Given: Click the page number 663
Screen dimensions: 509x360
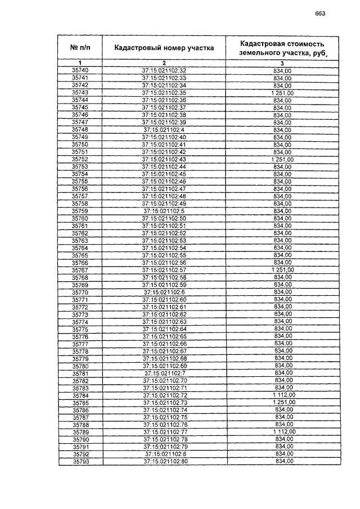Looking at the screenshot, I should [x=320, y=14].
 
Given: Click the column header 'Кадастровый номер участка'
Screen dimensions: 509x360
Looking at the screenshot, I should [x=164, y=48].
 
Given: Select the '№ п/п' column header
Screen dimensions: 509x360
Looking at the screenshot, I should [x=80, y=48].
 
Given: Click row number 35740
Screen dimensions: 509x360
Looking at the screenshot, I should [x=80, y=70].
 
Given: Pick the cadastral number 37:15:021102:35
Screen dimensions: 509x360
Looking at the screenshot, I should [x=164, y=92].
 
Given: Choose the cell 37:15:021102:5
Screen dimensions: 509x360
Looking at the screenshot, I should [x=164, y=211].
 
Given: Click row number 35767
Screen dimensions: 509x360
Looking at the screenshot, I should [x=80, y=270].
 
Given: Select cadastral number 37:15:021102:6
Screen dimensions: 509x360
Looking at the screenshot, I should [x=164, y=292].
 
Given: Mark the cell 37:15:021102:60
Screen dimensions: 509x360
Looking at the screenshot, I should [x=164, y=300].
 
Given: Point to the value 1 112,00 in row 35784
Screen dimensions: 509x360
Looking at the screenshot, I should [x=283, y=396].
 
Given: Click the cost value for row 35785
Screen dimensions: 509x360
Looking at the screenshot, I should [x=283, y=403].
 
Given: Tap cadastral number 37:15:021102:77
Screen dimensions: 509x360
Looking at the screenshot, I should [x=165, y=431].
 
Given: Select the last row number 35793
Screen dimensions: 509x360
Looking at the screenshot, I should [x=81, y=461].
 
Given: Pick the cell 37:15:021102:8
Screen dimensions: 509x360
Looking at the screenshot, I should [x=165, y=453].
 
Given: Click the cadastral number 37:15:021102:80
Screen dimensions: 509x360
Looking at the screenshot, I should [x=165, y=461].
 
